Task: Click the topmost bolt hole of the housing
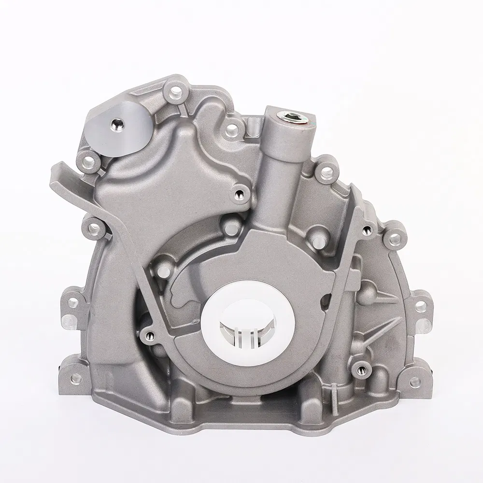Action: coord(175,90)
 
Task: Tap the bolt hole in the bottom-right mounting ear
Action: coord(414,382)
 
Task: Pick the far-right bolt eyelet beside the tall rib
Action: coord(395,237)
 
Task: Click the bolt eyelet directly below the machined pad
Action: coord(88,163)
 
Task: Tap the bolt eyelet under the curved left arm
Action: coord(94,227)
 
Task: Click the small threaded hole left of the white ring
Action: coord(151,335)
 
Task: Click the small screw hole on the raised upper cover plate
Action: coord(239,195)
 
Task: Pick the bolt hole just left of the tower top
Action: coord(232,128)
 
